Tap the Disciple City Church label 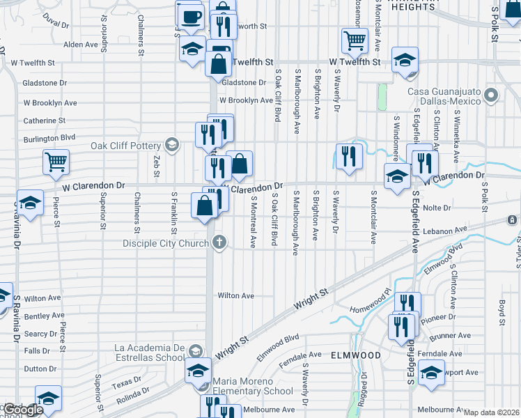(x=166, y=243)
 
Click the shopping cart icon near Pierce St (x=56, y=162)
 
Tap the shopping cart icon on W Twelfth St (x=355, y=40)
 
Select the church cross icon (x=219, y=243)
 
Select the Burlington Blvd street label (x=49, y=137)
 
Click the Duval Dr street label (x=56, y=21)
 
